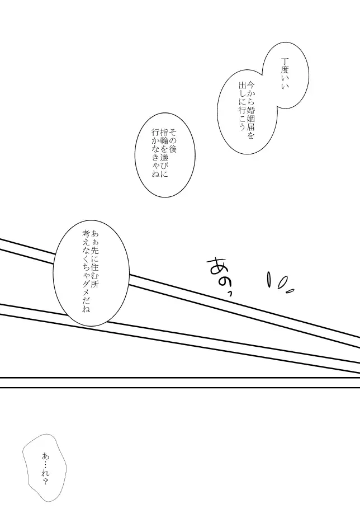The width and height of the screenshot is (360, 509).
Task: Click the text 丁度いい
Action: click(285, 74)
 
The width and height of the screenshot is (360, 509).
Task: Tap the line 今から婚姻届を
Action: click(250, 110)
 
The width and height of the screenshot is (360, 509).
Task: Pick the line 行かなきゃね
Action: click(155, 153)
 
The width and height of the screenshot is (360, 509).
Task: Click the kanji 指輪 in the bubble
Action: click(164, 137)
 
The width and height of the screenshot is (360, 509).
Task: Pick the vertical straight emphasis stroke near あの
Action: click(269, 280)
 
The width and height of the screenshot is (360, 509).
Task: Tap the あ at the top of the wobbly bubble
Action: click(45, 456)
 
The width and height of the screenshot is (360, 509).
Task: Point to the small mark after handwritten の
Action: click(230, 294)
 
